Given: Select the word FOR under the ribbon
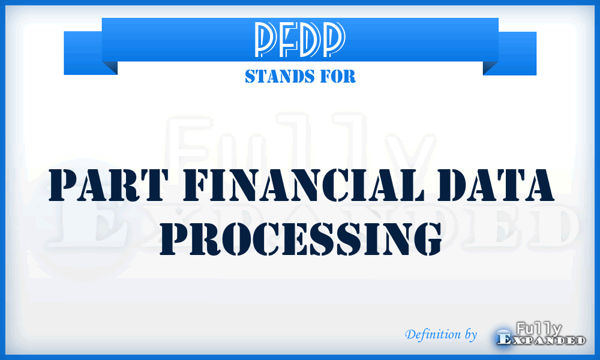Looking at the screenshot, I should coord(338,77).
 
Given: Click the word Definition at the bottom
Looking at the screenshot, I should coord(433,334).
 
